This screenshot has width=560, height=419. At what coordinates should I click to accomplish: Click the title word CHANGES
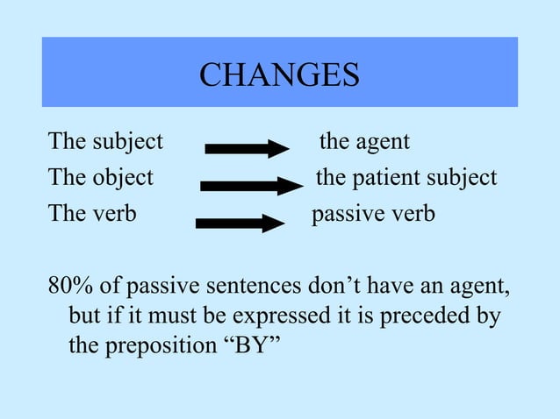[279, 75]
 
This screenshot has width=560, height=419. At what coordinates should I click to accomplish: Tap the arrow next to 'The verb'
[241, 223]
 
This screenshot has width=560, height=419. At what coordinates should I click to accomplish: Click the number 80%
[69, 287]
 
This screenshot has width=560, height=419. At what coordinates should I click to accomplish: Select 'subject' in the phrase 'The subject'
[128, 142]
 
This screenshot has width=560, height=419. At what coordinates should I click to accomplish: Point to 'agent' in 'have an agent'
[475, 288]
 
